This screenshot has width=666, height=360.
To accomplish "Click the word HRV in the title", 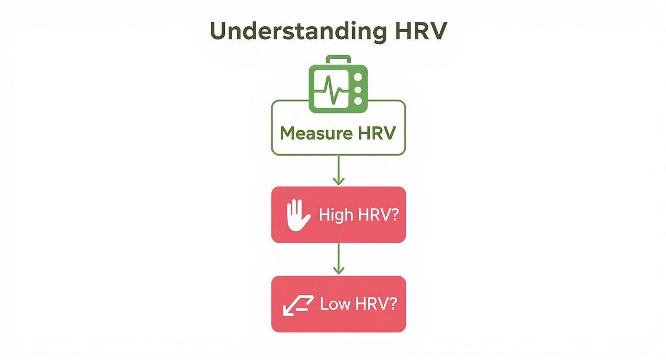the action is pyautogui.click(x=421, y=32).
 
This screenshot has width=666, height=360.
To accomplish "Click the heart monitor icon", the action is pyautogui.click(x=338, y=86).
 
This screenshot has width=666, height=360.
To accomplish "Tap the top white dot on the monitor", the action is pyautogui.click(x=358, y=77).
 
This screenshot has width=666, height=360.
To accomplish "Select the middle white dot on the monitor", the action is pyautogui.click(x=358, y=89).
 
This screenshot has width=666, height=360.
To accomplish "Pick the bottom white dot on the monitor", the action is pyautogui.click(x=358, y=101).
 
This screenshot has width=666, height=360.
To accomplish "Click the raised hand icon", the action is pyautogui.click(x=296, y=215).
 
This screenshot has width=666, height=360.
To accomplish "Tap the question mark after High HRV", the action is pyautogui.click(x=394, y=215).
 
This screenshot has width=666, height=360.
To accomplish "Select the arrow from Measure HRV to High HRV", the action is pyautogui.click(x=338, y=170).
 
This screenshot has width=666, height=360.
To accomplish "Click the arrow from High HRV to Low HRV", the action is pyautogui.click(x=338, y=259).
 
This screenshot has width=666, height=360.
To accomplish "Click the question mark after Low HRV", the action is pyautogui.click(x=393, y=304).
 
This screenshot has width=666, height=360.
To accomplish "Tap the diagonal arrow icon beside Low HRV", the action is pyautogui.click(x=298, y=305).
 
